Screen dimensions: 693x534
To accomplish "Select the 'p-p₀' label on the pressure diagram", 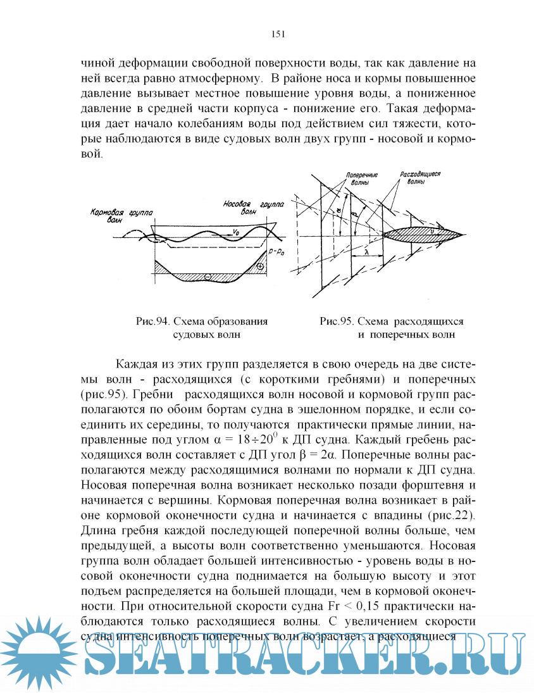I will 276,251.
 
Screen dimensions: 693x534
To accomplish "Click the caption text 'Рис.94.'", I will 152,322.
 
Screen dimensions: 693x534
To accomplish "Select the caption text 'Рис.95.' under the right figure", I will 337,322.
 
